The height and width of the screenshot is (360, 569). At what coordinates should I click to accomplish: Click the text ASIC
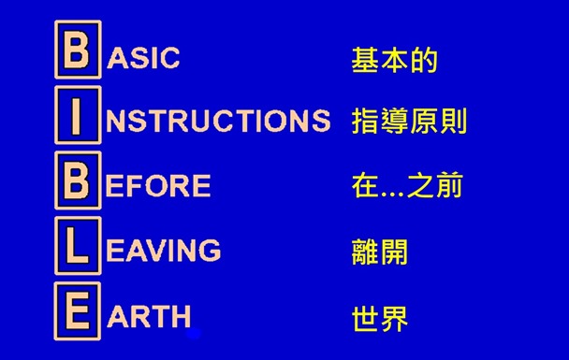(144, 58)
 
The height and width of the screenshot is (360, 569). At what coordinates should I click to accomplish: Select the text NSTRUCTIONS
(218, 121)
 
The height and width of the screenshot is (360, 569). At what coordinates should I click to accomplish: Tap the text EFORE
(158, 186)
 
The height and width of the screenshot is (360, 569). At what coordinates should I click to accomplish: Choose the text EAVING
(164, 251)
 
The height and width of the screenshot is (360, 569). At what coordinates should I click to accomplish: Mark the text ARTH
(150, 316)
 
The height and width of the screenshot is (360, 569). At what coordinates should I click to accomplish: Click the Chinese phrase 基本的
(394, 62)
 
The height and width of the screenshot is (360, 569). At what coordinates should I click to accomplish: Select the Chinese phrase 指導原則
(409, 122)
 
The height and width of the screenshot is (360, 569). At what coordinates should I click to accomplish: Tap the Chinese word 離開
(380, 252)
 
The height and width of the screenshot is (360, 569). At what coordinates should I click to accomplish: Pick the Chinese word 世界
(380, 318)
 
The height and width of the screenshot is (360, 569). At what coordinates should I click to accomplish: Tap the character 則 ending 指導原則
(452, 122)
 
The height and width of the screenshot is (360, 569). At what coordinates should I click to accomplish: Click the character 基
(365, 62)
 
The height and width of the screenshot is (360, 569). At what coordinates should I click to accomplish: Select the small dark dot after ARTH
(194, 331)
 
